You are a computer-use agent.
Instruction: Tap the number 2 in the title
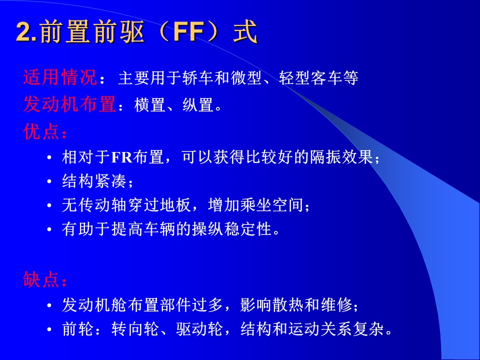pyautogui.click(x=23, y=32)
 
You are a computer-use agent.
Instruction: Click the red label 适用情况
pyautogui.click(x=60, y=77)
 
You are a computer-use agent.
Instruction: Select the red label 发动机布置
pyautogui.click(x=69, y=104)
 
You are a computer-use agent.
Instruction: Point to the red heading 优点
pyautogui.click(x=41, y=132)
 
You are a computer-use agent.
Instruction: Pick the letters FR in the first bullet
pyautogui.click(x=121, y=157)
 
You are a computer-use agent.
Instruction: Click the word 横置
pyautogui.click(x=149, y=105)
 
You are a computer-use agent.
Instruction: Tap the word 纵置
pyautogui.click(x=198, y=105)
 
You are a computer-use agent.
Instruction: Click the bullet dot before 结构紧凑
pyautogui.click(x=49, y=181)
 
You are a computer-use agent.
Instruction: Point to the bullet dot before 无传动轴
pyautogui.click(x=49, y=205)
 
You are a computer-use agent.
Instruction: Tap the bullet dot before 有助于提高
pyautogui.click(x=49, y=229)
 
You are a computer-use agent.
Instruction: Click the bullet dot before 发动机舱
pyautogui.click(x=49, y=305)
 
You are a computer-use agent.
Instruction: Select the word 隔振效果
pyautogui.click(x=341, y=157)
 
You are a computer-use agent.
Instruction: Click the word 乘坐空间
pyautogui.click(x=271, y=205)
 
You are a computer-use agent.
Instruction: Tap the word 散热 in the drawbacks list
pyautogui.click(x=288, y=305)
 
